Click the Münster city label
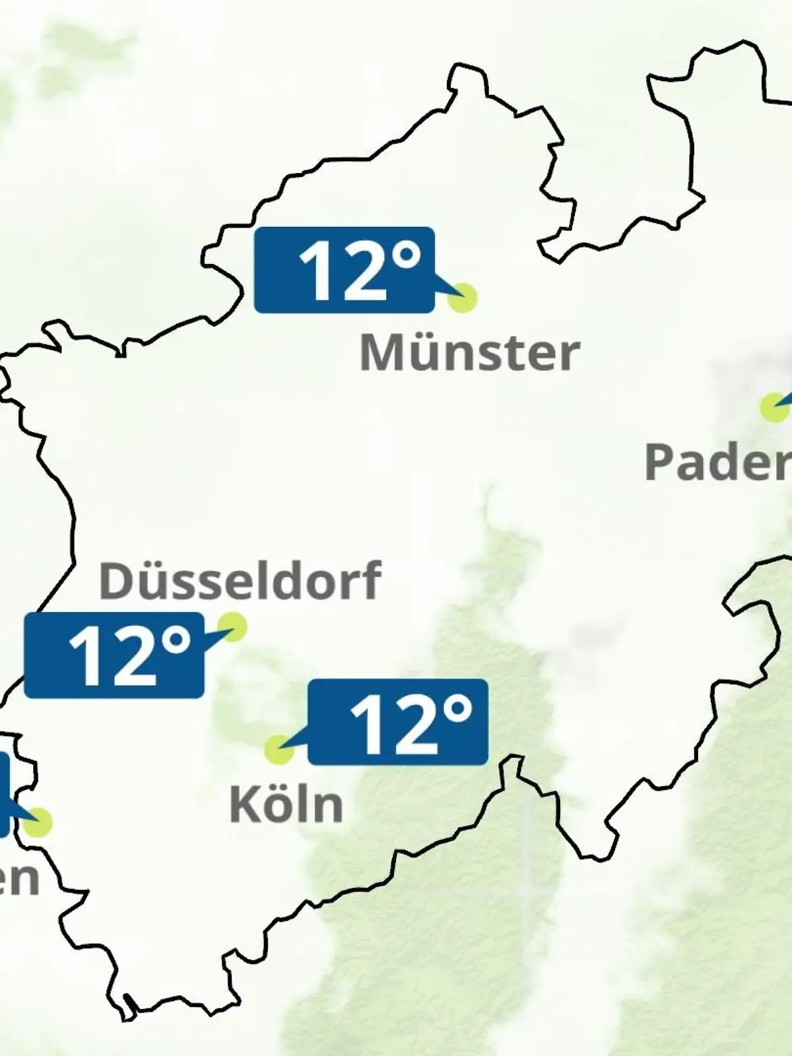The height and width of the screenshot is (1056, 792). tap(469, 353)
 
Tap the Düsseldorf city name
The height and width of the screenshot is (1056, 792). tap(240, 581)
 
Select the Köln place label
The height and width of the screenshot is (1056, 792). tap(286, 805)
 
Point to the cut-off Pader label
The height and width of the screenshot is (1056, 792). tap(717, 461)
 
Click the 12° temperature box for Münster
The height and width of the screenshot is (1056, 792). tap(344, 270)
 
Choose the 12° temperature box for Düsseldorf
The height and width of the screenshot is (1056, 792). tap(114, 655)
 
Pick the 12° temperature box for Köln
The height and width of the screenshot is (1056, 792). tap(398, 722)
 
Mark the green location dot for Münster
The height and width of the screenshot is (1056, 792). tap(462, 298)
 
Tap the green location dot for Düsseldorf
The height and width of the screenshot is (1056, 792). tap(232, 626)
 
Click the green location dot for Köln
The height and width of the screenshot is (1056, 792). tap(279, 750)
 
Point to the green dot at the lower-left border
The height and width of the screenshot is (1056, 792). tap(38, 822)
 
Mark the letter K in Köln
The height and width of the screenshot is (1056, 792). tap(242, 805)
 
